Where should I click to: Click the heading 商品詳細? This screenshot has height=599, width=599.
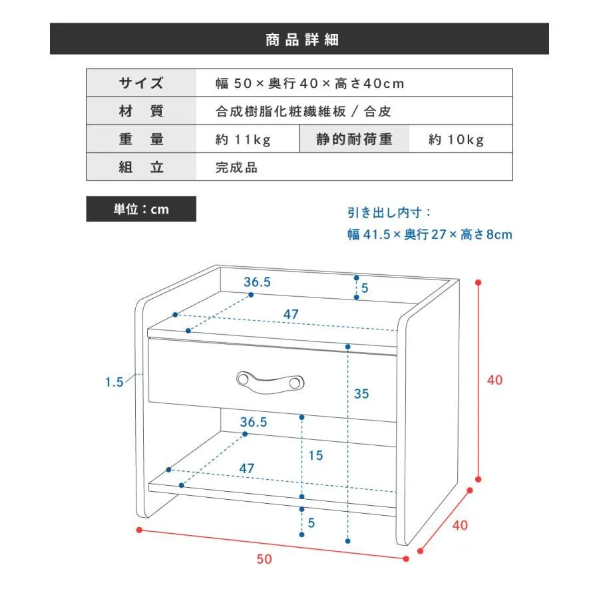point(301,40)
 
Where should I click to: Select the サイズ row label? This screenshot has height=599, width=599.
point(141,83)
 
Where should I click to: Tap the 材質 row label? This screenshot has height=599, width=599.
point(141,110)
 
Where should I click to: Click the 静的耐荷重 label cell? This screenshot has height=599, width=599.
point(354,139)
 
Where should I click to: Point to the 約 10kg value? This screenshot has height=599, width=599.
point(456,140)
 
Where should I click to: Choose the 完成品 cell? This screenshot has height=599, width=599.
point(236,167)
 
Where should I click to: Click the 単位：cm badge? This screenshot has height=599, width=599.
point(141,209)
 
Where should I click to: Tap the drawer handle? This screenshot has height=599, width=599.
point(270,382)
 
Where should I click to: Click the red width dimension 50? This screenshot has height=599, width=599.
point(264,559)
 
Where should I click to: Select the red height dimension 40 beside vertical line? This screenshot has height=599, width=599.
point(495,380)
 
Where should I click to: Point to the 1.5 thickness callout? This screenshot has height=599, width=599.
point(114,382)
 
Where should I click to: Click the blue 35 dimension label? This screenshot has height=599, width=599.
point(361,394)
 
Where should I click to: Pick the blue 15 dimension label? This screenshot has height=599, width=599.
point(315,455)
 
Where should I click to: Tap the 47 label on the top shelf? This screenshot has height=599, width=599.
point(291,314)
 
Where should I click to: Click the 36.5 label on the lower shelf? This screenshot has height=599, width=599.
point(254,422)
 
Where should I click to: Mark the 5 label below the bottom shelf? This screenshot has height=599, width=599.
point(311,523)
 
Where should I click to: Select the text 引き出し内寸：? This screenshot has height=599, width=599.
point(389,213)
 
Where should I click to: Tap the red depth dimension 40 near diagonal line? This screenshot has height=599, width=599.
point(460,525)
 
